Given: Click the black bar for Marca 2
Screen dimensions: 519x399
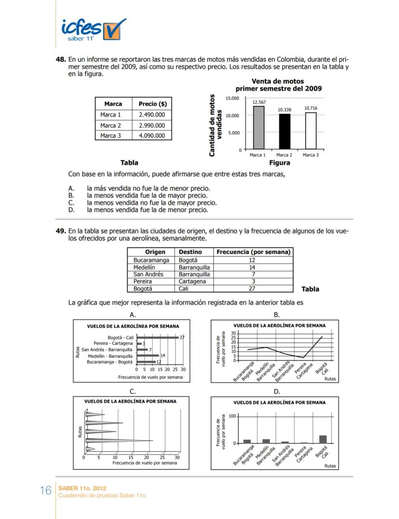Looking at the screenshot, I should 284,132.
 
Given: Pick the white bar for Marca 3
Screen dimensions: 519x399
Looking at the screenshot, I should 311,131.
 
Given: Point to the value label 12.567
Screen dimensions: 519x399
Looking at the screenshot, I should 259,102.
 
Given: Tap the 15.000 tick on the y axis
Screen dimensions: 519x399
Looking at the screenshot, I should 232,98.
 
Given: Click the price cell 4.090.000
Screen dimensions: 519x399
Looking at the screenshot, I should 152,136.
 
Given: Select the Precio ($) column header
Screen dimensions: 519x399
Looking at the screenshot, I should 152,104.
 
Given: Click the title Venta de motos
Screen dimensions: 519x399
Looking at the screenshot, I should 278,81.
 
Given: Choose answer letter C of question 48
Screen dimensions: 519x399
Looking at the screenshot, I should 71,203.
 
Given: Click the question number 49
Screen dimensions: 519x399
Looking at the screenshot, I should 61,231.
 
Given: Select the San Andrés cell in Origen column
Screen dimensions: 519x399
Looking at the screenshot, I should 148,274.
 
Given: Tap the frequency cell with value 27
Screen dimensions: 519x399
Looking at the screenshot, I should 253,289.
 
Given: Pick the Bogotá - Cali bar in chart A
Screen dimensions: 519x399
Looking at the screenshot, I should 157,337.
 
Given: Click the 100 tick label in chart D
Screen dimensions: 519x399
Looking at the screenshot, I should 231,416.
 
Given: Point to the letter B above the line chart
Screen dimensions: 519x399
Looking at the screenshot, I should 277,314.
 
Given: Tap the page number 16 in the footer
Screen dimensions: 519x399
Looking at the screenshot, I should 45,491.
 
